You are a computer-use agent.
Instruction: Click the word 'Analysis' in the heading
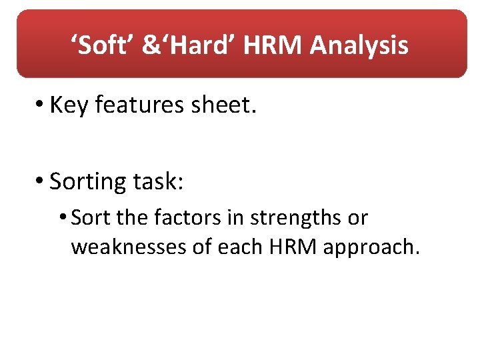(x=359, y=45)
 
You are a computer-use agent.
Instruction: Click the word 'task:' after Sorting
(x=160, y=181)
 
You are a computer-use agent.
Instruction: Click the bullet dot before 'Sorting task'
(x=41, y=181)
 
